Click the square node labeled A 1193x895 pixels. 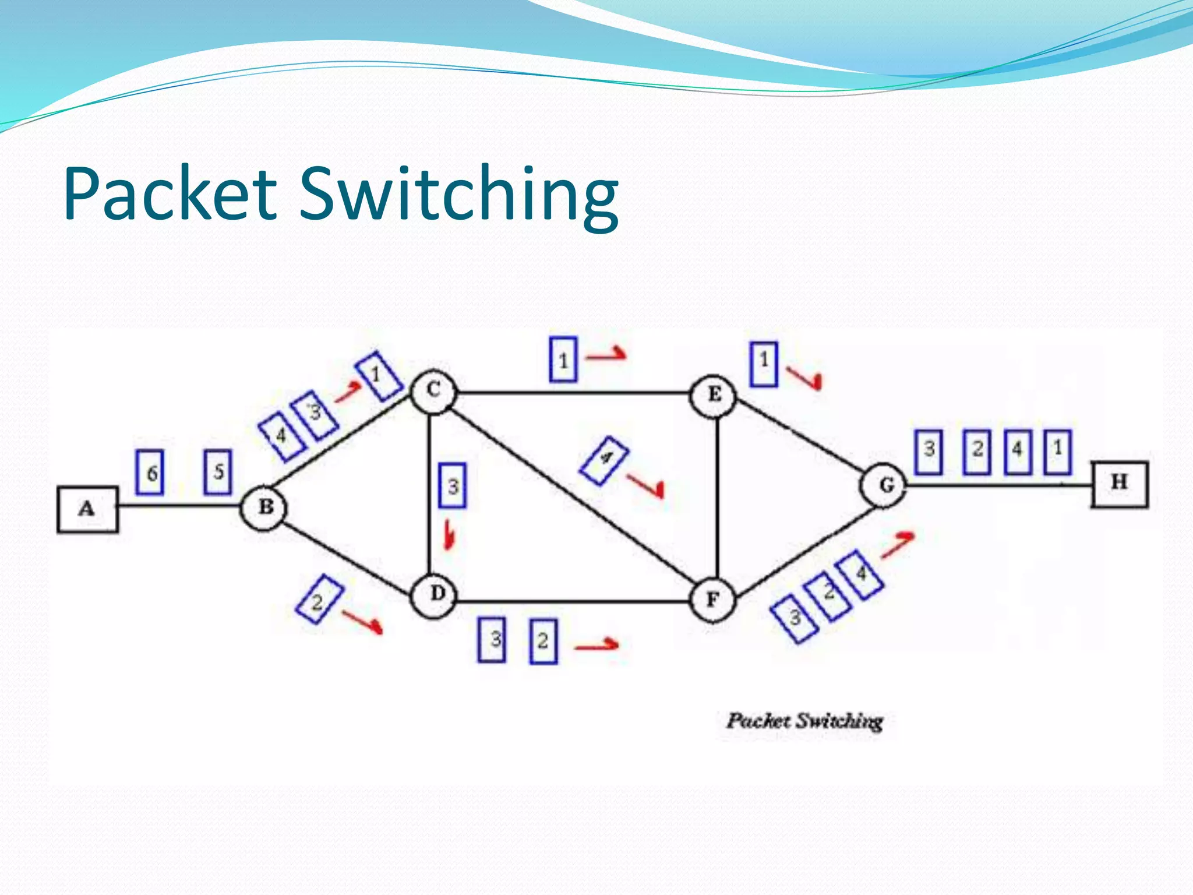[x=87, y=510]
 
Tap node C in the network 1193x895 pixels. [x=433, y=391]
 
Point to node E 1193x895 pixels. [x=714, y=395]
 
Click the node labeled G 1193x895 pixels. [x=885, y=485]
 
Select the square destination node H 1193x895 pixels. [x=1119, y=484]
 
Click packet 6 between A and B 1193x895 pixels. [x=150, y=473]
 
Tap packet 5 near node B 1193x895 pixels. [x=217, y=472]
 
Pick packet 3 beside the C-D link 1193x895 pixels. [x=452, y=485]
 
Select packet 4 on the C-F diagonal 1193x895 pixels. [x=605, y=460]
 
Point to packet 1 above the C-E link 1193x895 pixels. [x=563, y=360]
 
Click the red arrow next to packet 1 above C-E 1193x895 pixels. [x=606, y=355]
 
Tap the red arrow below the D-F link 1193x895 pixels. [x=596, y=645]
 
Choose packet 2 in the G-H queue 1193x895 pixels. [x=977, y=452]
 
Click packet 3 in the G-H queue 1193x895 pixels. [x=929, y=452]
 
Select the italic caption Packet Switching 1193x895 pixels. [x=804, y=721]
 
